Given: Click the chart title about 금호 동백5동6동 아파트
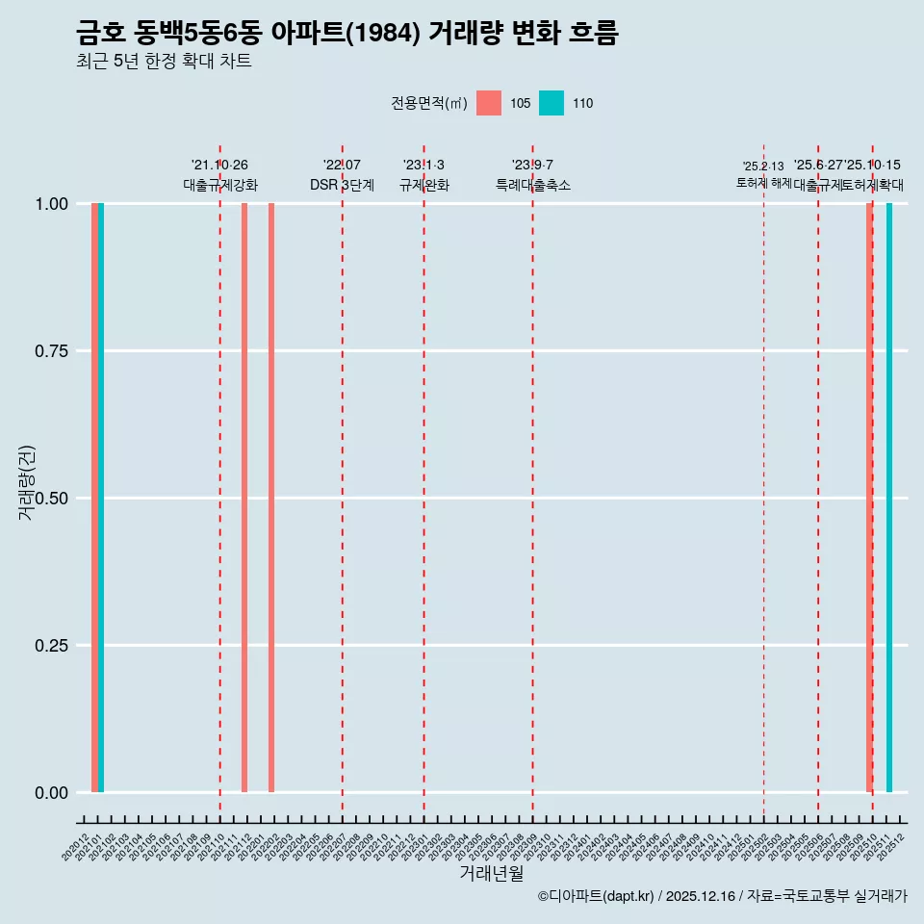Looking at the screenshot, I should coord(346,33).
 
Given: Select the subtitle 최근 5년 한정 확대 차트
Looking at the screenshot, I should coord(164,62).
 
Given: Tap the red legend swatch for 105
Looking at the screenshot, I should coord(489,103).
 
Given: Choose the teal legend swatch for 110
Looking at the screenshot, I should coord(552,103).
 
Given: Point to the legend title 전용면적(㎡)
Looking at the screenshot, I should coord(429,103).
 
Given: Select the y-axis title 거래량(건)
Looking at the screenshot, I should coord(27,482).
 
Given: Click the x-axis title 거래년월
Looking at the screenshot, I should coord(492,874).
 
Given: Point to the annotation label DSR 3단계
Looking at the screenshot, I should coord(342,185).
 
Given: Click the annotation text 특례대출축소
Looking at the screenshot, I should coord(533,185).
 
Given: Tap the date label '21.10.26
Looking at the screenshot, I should coord(220,166).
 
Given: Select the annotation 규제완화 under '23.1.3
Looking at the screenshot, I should coord(424,185).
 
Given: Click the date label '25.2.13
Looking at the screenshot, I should coord(763,167).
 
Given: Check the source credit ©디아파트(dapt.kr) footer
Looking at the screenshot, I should coord(722,896).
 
